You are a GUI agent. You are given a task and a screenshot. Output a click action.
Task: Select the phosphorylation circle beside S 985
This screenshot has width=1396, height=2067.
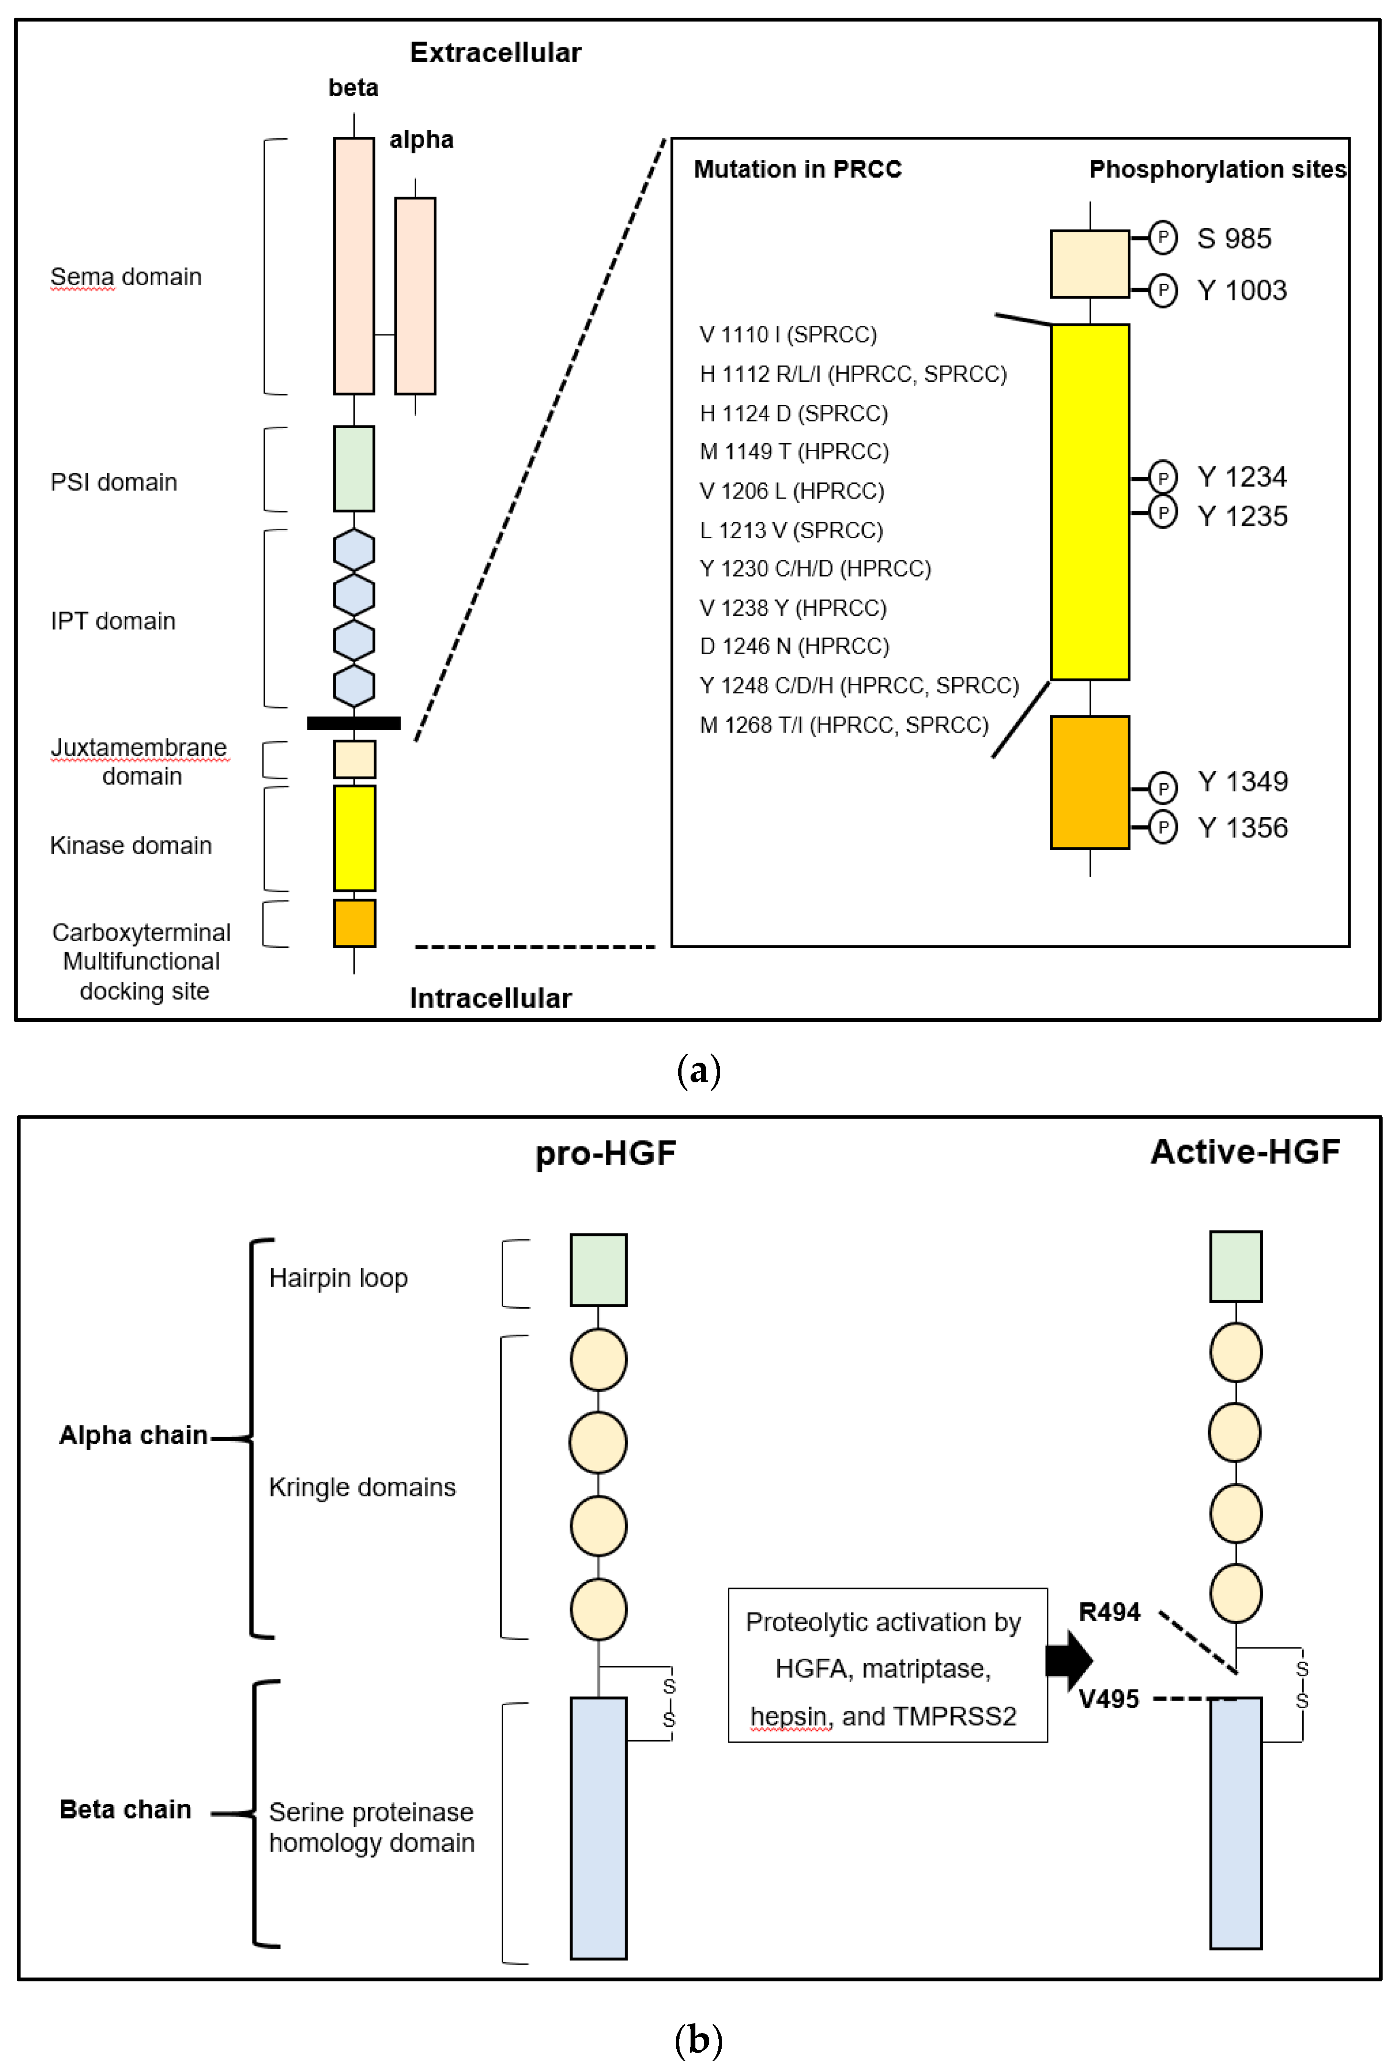tap(1162, 237)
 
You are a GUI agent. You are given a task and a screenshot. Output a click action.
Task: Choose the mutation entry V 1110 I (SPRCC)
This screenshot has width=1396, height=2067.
tap(788, 334)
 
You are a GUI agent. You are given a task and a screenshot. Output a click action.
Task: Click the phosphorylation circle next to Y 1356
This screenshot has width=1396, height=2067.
tap(1162, 827)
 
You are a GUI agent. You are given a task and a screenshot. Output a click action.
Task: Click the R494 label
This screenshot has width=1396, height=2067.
tap(1109, 1611)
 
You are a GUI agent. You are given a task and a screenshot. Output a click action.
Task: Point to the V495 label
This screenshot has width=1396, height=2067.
tap(1108, 1699)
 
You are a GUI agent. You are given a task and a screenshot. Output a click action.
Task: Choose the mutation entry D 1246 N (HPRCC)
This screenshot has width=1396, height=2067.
tap(794, 646)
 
